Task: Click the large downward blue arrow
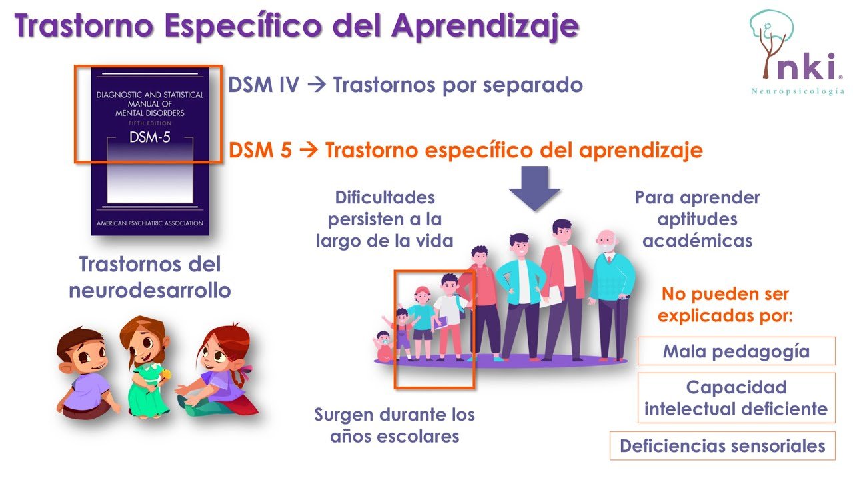[534, 188]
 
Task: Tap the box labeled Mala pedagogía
[736, 351]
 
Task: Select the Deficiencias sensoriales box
[722, 445]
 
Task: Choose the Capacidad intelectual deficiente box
[736, 397]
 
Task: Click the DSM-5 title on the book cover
[149, 138]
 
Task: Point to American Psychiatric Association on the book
[149, 223]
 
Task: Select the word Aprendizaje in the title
[484, 25]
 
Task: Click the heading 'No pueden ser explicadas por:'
[725, 304]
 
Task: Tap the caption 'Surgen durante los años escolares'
[395, 425]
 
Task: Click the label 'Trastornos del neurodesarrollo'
[149, 277]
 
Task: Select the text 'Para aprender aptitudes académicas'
[697, 219]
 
